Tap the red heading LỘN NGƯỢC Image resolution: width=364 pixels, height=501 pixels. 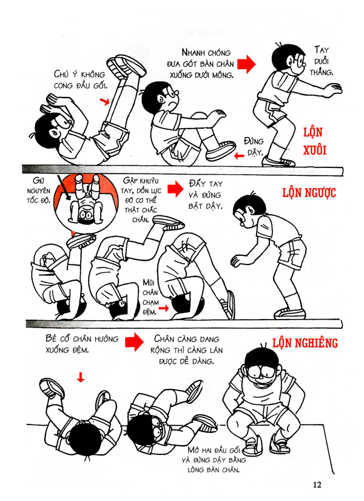[309, 193]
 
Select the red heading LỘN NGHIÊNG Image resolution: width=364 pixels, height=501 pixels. [305, 343]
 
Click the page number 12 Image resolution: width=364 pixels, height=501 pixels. [317, 485]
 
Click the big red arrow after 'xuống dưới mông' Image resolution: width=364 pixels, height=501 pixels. [245, 62]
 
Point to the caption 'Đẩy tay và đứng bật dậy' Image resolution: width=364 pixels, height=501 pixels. [206, 194]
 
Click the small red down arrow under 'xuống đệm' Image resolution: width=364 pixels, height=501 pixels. [81, 377]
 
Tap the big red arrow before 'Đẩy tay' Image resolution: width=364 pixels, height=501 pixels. [175, 189]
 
